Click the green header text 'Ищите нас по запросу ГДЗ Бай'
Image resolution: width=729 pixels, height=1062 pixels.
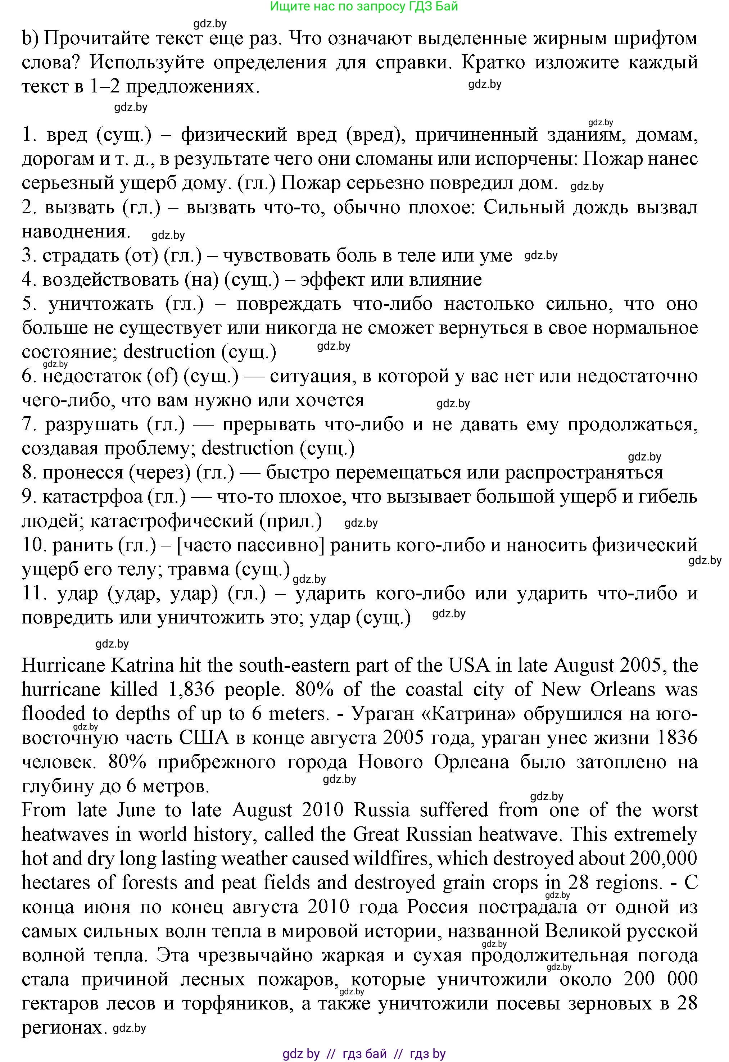coord(364,6)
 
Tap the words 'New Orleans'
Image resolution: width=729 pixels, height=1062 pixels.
coord(598,689)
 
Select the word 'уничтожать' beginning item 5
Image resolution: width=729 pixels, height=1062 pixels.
coord(101,304)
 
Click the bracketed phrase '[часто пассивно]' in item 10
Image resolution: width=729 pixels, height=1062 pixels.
coord(250,545)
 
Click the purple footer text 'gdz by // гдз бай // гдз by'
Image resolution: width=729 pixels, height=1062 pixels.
coord(364,1054)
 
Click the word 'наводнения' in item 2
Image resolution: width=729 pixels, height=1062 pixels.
coord(76,232)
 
